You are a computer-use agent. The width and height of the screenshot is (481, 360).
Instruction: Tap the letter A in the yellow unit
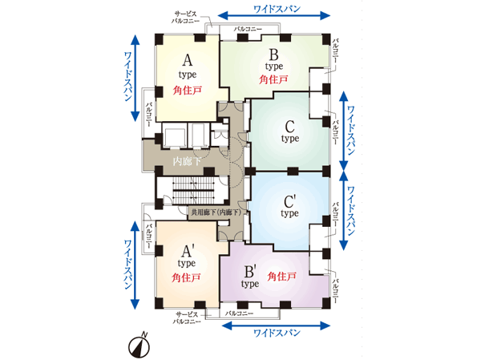188,60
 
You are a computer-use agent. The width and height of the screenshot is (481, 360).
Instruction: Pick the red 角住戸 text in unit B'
282,277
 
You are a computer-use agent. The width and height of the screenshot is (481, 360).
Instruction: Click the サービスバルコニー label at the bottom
188,317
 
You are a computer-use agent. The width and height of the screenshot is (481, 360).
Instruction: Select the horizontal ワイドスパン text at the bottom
276,331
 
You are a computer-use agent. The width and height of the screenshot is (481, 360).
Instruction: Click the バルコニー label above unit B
249,29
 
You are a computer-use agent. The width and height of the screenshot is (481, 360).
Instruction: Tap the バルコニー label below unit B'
240,313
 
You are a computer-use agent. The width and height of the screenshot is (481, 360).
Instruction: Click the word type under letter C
289,138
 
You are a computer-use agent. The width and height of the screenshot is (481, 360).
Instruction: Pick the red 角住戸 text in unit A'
187,277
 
